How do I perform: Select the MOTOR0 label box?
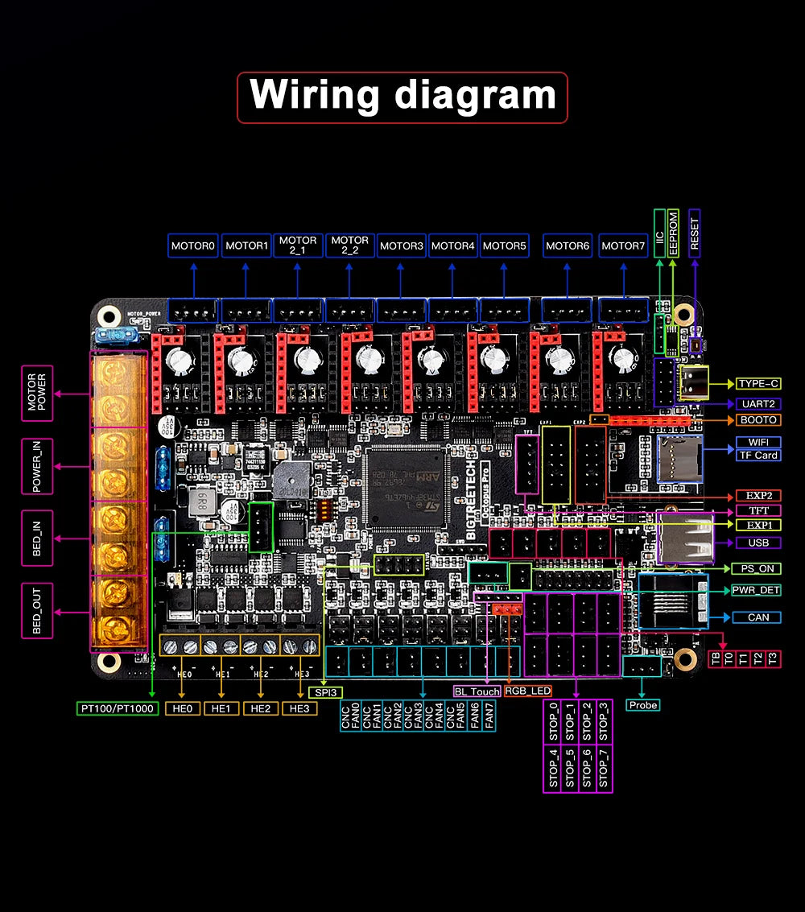tap(192, 246)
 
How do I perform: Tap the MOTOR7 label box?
tap(623, 246)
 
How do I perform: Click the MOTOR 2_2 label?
tap(349, 246)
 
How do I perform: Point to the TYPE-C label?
tap(758, 384)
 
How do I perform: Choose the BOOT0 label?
tap(758, 420)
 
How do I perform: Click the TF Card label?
tap(758, 455)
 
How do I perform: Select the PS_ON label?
tap(758, 568)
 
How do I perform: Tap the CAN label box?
tap(758, 617)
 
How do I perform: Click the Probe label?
tap(642, 705)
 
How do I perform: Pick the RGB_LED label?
tap(527, 691)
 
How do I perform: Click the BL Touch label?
tap(477, 691)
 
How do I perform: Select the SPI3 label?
tap(324, 691)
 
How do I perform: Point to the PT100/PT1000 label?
tap(118, 709)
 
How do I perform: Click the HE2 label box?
tap(260, 708)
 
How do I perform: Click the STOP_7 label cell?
tap(604, 768)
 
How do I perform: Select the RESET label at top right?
tap(694, 233)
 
